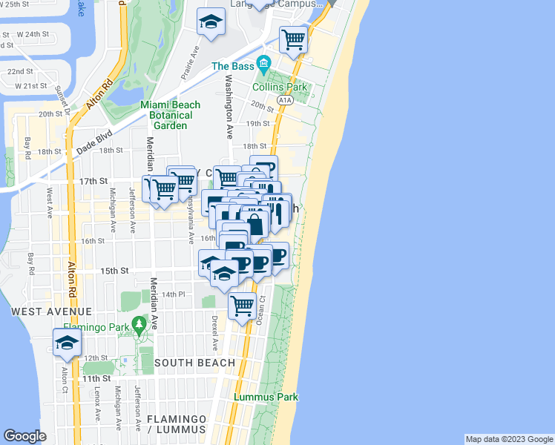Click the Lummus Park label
(x=266, y=397)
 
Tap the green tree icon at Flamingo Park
(x=137, y=324)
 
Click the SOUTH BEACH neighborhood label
(x=194, y=363)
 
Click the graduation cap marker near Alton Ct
(x=67, y=343)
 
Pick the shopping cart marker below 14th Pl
(x=242, y=305)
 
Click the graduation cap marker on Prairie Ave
(x=211, y=22)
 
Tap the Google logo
(x=24, y=436)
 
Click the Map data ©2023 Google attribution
(x=508, y=439)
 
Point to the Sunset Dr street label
(x=63, y=101)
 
